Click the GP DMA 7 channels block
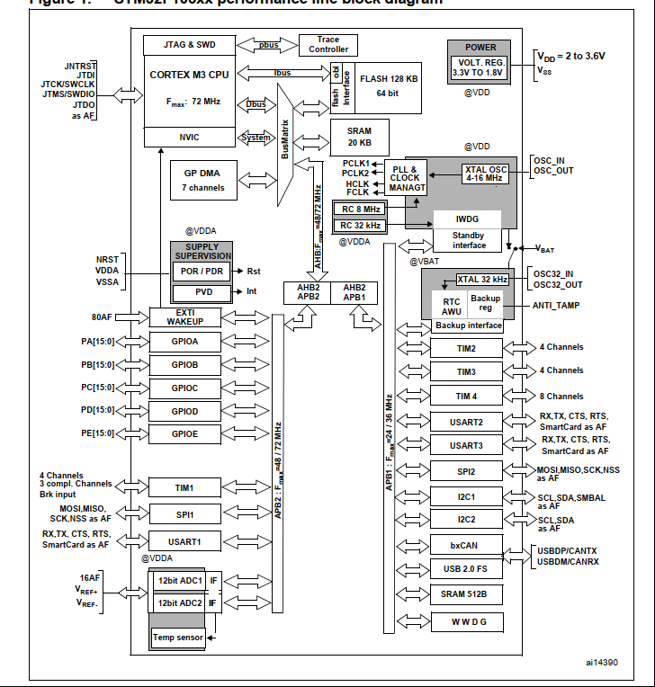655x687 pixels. pyautogui.click(x=203, y=180)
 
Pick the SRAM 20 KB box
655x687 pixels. pyautogui.click(x=358, y=138)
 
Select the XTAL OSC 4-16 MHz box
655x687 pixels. pyautogui.click(x=485, y=174)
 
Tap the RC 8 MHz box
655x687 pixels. pyautogui.click(x=357, y=209)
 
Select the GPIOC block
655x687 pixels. pyautogui.click(x=184, y=388)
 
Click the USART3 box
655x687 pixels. pyautogui.click(x=466, y=445)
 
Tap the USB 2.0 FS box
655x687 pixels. pyautogui.click(x=466, y=568)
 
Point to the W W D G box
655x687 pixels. pyautogui.click(x=466, y=621)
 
